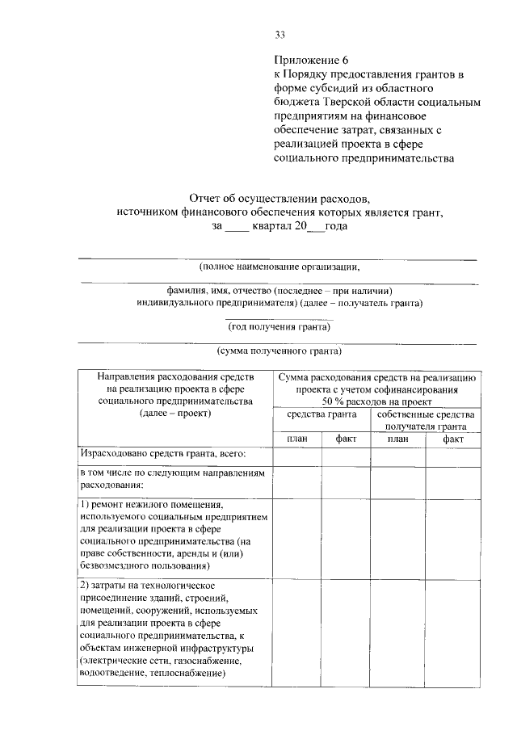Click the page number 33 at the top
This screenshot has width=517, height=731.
tap(280, 34)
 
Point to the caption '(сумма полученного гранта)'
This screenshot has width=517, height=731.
tap(279, 351)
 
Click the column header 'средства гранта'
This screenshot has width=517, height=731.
tap(322, 414)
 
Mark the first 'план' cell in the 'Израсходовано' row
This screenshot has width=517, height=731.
tap(296, 456)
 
